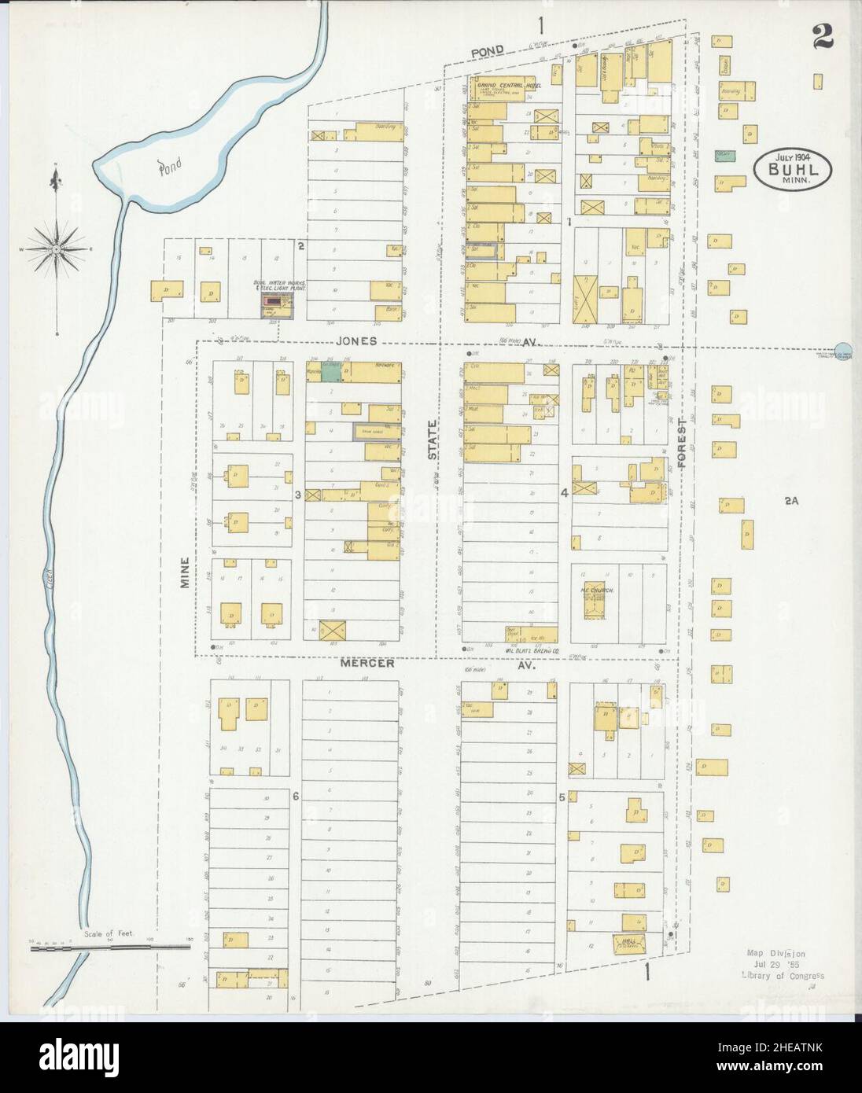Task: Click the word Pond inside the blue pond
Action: point(168,167)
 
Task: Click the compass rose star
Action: point(57,249)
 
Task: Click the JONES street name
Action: point(356,342)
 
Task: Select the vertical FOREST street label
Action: point(682,443)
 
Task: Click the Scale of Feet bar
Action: point(110,948)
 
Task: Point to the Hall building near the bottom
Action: point(628,942)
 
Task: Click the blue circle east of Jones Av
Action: point(842,349)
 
